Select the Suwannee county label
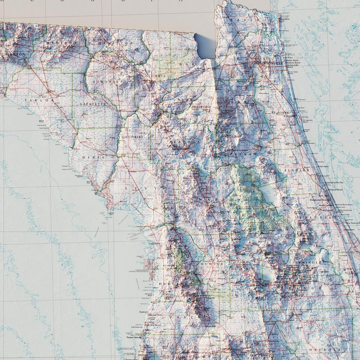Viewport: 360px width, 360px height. (x=108, y=82)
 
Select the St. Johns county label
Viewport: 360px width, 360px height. (x=280, y=113)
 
